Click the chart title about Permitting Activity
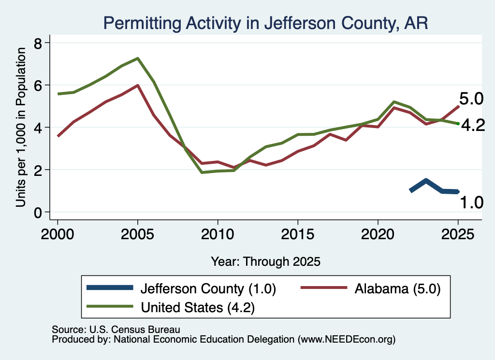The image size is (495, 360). (x=265, y=23)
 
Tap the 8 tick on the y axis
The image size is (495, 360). (x=38, y=43)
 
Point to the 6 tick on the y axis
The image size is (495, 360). (x=38, y=85)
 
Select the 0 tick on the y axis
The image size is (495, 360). (x=38, y=212)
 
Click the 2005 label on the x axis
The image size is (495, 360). (x=137, y=234)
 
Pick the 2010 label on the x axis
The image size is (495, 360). (x=218, y=234)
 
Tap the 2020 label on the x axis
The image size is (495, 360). (x=378, y=234)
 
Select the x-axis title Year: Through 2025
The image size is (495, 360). (x=265, y=261)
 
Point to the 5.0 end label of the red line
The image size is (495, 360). (x=471, y=99)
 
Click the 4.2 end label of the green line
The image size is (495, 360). (x=473, y=126)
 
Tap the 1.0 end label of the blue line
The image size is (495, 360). (x=471, y=202)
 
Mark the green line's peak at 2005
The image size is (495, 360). (x=138, y=58)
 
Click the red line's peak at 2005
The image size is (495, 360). (x=138, y=85)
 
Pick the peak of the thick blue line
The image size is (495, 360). (x=426, y=181)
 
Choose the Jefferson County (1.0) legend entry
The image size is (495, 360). (x=181, y=288)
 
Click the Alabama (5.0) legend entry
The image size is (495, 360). (x=371, y=288)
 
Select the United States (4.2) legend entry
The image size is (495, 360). (x=171, y=307)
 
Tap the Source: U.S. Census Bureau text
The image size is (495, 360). (x=116, y=330)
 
